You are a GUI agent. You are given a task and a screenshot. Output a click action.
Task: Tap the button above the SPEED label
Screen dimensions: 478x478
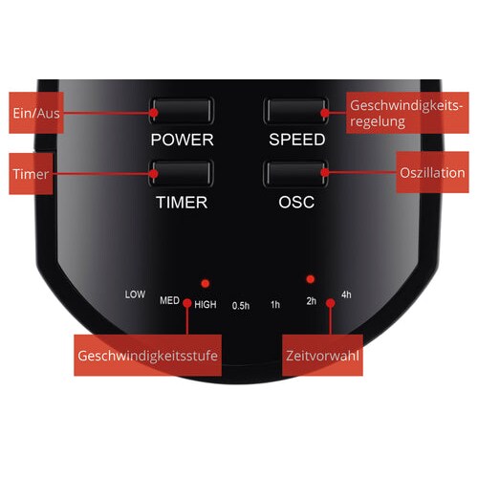coord(296,111)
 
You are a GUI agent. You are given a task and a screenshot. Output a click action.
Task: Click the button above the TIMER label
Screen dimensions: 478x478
coord(181,173)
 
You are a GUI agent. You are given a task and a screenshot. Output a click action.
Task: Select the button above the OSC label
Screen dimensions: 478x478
coord(296,173)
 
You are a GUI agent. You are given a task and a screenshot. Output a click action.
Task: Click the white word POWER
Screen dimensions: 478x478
coord(182,140)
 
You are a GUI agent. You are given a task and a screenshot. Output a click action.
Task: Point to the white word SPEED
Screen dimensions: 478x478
coord(297,140)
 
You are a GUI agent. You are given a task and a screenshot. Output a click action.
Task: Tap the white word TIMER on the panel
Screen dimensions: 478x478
coord(182,203)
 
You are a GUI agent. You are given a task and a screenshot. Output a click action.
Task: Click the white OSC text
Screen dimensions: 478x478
coord(296,202)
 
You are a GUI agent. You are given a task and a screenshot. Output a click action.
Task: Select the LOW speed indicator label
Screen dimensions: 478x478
coord(135,294)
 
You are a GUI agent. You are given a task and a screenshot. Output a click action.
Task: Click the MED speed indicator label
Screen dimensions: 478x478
coord(169,300)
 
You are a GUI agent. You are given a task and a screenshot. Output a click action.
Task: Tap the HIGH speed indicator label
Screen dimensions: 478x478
coord(206,305)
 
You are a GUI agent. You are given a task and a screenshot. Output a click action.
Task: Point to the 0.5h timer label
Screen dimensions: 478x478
coord(241,306)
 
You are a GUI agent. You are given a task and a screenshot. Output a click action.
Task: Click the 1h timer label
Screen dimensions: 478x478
coord(275,305)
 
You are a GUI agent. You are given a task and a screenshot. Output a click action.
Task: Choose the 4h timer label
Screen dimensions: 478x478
coord(346,294)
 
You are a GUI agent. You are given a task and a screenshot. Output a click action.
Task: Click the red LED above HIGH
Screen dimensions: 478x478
coord(206,283)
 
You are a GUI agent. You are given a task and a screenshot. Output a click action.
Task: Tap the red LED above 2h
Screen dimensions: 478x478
coord(311,279)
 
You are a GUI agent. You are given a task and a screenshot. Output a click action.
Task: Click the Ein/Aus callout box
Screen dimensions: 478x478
coord(36,113)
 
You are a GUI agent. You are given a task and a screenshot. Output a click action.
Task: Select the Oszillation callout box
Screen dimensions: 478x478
coord(432,172)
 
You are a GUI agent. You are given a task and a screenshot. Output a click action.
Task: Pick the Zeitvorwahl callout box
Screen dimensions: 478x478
coord(322,356)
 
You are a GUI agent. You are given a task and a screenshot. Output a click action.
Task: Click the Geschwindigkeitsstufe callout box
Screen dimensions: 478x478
coord(148,356)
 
